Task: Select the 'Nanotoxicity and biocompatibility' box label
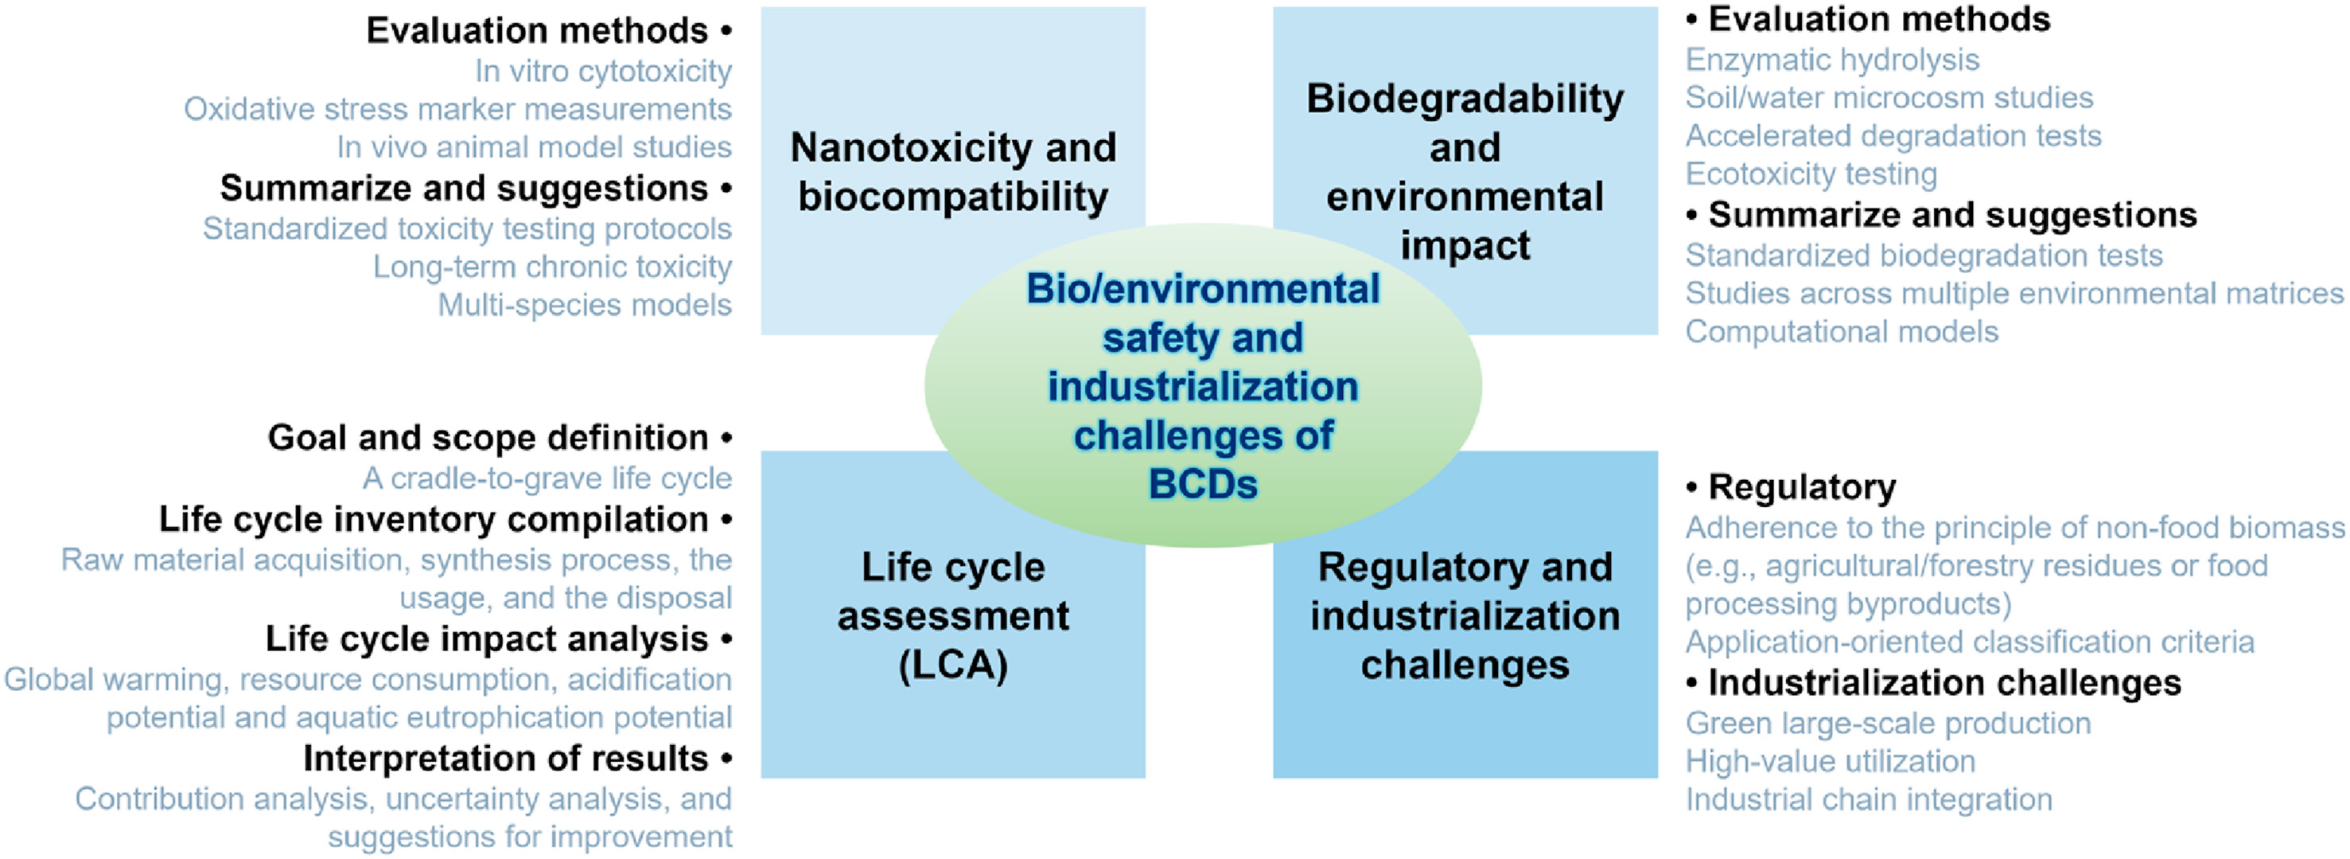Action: point(953,172)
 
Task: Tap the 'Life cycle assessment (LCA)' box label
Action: point(953,616)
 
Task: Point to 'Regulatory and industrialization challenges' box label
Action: point(1465,616)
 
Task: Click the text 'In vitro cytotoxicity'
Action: point(603,70)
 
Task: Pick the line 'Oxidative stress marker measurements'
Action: point(458,108)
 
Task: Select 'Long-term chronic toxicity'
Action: point(552,267)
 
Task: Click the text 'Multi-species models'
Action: point(585,305)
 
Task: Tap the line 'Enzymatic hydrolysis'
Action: point(1832,60)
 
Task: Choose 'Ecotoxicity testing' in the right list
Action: point(1811,174)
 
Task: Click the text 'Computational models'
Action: point(1842,331)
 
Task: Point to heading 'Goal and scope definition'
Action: point(488,437)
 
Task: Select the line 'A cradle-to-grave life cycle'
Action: point(547,478)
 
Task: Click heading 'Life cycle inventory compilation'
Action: point(434,519)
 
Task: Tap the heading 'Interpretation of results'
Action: point(505,759)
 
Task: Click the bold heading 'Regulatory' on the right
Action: point(1802,487)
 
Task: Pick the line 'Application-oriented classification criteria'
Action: point(1970,642)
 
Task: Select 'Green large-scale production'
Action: point(1889,723)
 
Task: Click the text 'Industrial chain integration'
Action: point(1869,799)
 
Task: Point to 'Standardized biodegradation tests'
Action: point(1924,256)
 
